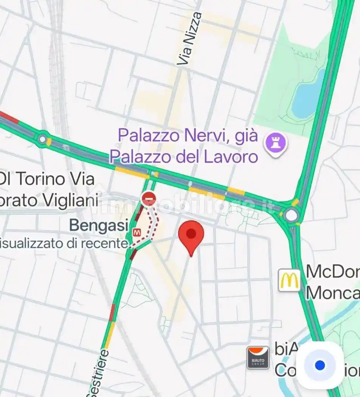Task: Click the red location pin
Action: pyautogui.click(x=191, y=234)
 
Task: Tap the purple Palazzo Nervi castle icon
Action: pyautogui.click(x=275, y=144)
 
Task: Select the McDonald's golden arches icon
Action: pyautogui.click(x=289, y=280)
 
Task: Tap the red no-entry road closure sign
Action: pyautogui.click(x=148, y=198)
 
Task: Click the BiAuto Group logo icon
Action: pyautogui.click(x=258, y=357)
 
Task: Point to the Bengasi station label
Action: pyautogui.click(x=99, y=226)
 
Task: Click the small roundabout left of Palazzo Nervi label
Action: pyautogui.click(x=42, y=140)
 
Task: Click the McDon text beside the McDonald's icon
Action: pyautogui.click(x=332, y=272)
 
